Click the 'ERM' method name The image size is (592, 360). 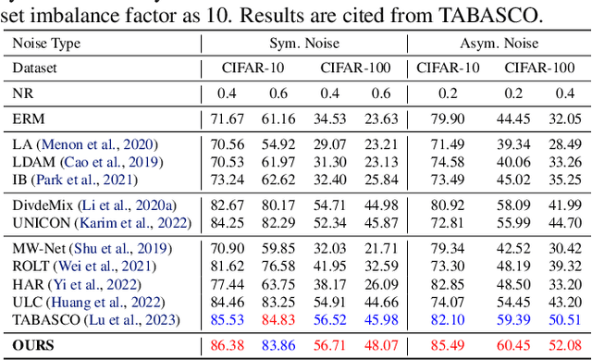(28, 118)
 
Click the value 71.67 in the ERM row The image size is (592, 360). (227, 118)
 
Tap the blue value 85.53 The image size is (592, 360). (227, 321)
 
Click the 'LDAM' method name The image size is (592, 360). (32, 161)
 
